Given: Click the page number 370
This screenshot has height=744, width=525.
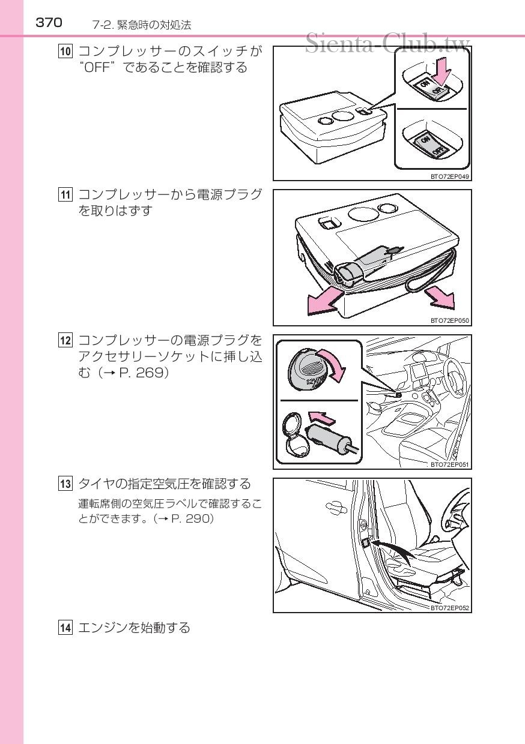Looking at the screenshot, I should click(49, 23).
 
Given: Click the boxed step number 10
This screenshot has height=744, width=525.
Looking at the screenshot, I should click(65, 51).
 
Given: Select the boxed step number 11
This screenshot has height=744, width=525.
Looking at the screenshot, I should click(65, 195).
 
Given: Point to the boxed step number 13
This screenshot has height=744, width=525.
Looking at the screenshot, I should click(65, 484).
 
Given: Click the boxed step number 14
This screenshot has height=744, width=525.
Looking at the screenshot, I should click(65, 628).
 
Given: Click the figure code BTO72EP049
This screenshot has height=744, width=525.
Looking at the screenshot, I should click(449, 176).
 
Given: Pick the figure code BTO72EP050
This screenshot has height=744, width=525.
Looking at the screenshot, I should click(449, 321).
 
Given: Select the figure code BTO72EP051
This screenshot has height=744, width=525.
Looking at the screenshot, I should click(449, 464).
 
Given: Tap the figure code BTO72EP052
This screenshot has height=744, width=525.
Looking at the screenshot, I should click(449, 608).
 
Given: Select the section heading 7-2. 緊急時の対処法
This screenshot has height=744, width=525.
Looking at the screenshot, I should click(142, 25).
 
